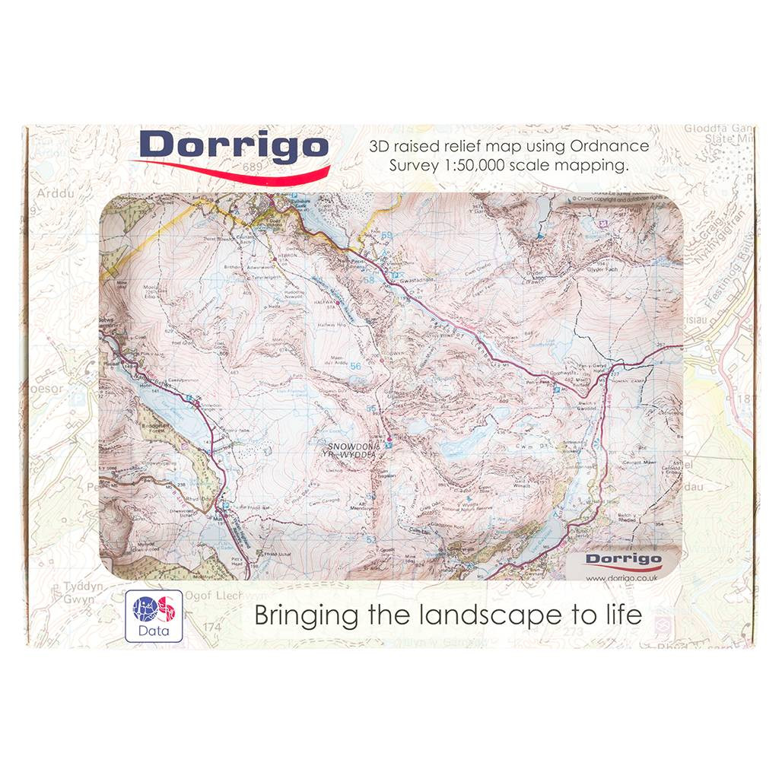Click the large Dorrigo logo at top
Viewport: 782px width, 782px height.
[234, 148]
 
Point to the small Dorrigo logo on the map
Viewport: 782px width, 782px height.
[623, 561]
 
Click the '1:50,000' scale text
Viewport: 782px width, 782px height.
[471, 166]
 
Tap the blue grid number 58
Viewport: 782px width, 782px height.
[370, 280]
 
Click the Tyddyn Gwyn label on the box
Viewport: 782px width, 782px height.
[66, 593]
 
